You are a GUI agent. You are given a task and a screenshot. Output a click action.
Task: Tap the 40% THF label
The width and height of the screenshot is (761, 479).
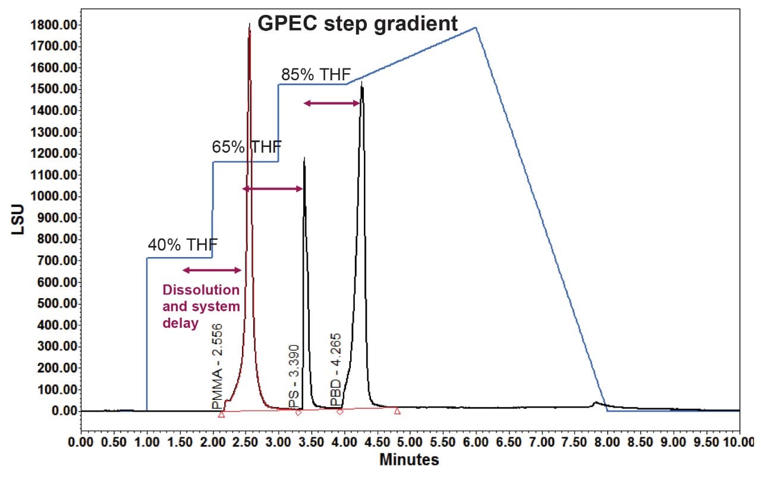pyautogui.click(x=183, y=245)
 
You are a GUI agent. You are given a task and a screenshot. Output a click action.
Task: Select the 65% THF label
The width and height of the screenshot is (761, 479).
pyautogui.click(x=247, y=147)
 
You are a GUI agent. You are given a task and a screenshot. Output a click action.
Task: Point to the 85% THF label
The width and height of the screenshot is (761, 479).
pyautogui.click(x=316, y=75)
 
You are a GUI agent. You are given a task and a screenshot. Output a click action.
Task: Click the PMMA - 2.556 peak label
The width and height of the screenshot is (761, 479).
pyautogui.click(x=217, y=366)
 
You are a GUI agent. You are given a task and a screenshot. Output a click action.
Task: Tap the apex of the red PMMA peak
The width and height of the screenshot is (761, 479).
pyautogui.click(x=249, y=25)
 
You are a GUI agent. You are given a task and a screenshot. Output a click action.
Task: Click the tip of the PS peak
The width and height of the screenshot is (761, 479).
pyautogui.click(x=304, y=158)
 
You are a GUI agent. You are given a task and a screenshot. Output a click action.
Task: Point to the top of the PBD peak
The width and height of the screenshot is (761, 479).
pyautogui.click(x=361, y=82)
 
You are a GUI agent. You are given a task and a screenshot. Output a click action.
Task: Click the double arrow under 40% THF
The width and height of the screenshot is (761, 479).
pyautogui.click(x=212, y=270)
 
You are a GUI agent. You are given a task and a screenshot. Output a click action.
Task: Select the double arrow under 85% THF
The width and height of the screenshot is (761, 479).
pyautogui.click(x=332, y=104)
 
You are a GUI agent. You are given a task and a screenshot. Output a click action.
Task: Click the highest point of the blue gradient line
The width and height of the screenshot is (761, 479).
pyautogui.click(x=476, y=27)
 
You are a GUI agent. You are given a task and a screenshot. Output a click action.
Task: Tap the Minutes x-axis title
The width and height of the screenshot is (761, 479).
pyautogui.click(x=409, y=459)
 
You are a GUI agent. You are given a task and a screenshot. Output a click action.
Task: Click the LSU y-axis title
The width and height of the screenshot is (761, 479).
pyautogui.click(x=18, y=218)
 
